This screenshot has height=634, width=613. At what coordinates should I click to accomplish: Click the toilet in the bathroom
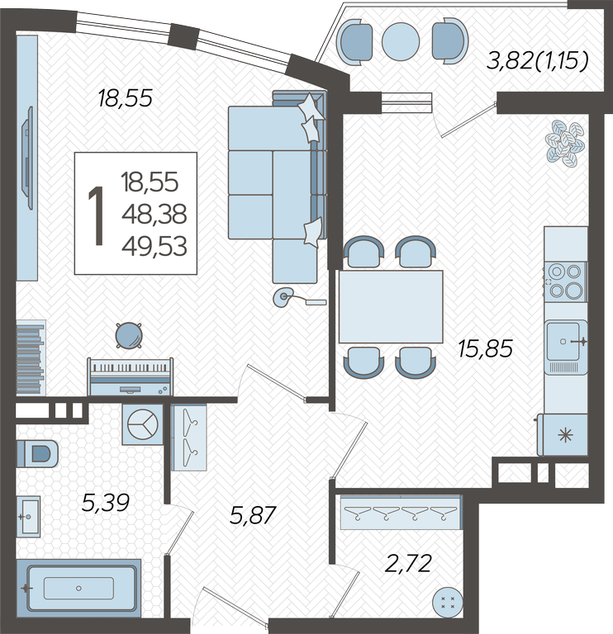[37, 453]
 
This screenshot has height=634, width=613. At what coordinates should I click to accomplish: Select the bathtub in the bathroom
[81, 588]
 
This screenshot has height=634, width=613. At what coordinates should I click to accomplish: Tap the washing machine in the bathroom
[142, 424]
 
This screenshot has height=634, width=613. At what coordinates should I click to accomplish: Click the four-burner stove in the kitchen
[565, 281]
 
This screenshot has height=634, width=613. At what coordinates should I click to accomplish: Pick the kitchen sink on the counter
[565, 347]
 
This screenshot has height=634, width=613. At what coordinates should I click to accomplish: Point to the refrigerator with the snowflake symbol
[563, 434]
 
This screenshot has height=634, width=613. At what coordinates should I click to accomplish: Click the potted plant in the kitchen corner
[565, 143]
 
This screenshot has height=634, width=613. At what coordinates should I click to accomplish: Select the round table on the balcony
[401, 41]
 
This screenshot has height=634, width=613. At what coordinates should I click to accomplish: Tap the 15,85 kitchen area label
[486, 348]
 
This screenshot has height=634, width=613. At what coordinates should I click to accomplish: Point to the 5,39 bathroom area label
[105, 503]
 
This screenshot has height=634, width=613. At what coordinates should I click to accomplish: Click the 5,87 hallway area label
[253, 515]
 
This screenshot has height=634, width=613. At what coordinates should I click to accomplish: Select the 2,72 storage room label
[408, 563]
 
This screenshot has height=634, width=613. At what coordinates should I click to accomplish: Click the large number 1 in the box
[97, 215]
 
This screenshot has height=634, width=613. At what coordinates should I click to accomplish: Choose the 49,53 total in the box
[154, 246]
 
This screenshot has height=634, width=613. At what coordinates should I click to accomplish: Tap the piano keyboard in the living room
[131, 376]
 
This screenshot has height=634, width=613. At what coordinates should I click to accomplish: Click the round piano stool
[129, 335]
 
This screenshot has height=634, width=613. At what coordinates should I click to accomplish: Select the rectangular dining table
[391, 307]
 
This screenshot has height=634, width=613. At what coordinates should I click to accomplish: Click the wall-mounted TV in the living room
[27, 158]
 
